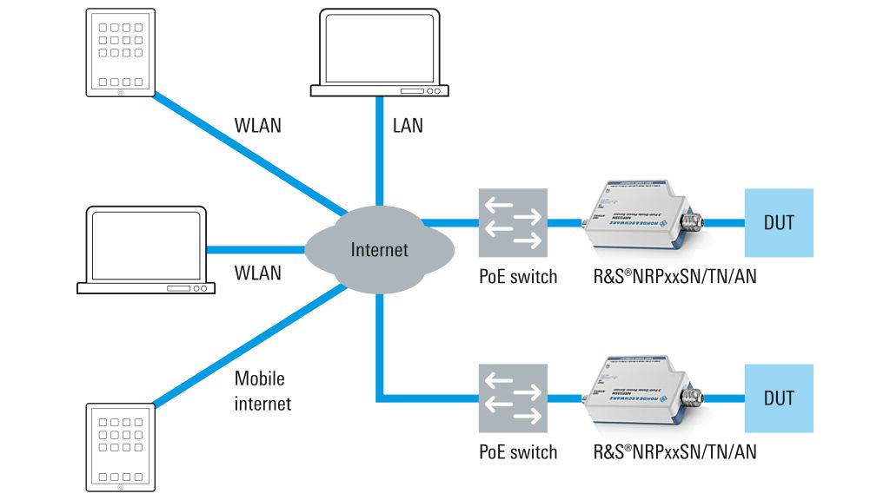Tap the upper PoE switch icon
(x=513, y=222)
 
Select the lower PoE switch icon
(x=513, y=398)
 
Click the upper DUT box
(x=779, y=222)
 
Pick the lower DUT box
(x=779, y=398)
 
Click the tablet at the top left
(x=121, y=52)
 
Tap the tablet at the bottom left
(x=121, y=448)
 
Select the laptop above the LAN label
(x=380, y=52)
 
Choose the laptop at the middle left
(x=145, y=251)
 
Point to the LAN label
(x=408, y=125)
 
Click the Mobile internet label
(x=262, y=391)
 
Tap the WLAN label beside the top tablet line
(x=258, y=125)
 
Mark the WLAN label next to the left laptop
(x=258, y=273)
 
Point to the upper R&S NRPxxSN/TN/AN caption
(x=674, y=278)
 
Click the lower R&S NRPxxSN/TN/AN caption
(x=674, y=452)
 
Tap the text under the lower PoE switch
(x=518, y=452)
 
